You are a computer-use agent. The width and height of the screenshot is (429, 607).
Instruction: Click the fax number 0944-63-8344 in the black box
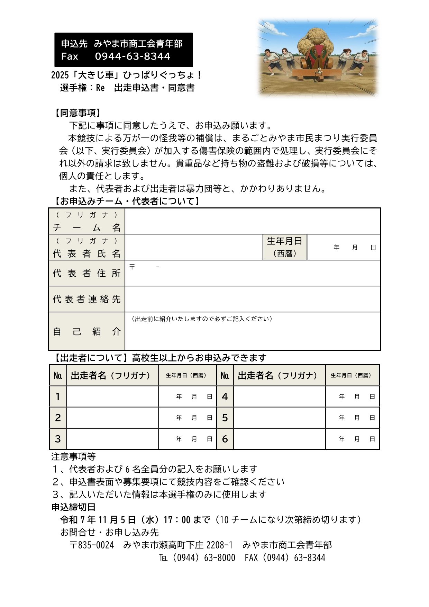coord(133,56)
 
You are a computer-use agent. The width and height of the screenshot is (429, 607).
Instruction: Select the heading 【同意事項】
coord(77,113)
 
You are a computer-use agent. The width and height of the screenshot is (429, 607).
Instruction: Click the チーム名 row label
coord(87,227)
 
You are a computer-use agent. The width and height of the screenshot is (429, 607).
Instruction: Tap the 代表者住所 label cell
coord(87,273)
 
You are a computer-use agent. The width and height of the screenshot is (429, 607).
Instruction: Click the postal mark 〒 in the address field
coord(132,267)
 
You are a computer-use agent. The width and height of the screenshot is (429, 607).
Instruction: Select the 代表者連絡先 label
coord(87,299)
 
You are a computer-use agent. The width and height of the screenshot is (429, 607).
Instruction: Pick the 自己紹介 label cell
coord(87,331)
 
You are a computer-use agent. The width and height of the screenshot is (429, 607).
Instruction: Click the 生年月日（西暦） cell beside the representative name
coord(285,247)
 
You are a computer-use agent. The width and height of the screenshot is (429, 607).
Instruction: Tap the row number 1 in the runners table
coord(58,396)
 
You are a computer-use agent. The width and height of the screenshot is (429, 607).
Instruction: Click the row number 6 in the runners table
coord(225,439)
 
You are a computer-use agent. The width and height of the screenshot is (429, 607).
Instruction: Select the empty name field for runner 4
coord(279,396)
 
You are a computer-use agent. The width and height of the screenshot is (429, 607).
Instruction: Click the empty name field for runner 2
coord(112,418)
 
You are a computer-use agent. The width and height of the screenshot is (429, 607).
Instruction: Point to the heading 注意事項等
coord(73,457)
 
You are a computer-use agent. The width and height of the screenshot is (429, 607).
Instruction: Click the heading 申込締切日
coord(73,507)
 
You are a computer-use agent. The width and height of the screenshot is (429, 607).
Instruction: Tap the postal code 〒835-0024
coord(92,545)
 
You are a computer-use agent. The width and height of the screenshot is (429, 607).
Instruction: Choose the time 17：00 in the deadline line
coord(177,520)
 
